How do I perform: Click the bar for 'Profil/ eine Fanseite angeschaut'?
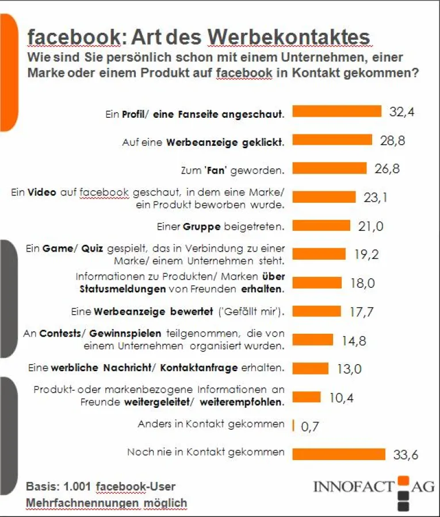[x=337, y=111]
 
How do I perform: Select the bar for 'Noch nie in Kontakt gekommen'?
[x=339, y=454]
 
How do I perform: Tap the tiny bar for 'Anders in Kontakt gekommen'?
[x=293, y=425]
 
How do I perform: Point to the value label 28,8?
[x=392, y=140]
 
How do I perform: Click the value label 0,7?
[x=310, y=426]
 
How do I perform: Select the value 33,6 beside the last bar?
[x=405, y=455]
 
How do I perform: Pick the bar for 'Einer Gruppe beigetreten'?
[x=322, y=225]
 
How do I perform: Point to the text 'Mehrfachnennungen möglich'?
[x=106, y=503]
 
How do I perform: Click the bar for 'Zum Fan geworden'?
[x=330, y=168]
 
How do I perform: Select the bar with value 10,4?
[x=307, y=397]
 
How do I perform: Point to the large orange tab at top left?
[x=8, y=69]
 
